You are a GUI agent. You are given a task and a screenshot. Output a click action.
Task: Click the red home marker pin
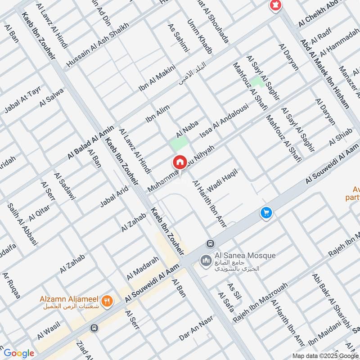click(x=180, y=162)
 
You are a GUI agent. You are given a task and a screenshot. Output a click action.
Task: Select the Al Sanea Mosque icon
click(x=206, y=261)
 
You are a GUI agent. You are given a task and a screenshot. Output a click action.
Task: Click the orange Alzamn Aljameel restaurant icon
click(x=107, y=301)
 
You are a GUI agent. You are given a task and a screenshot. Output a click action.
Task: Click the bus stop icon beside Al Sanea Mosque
click(x=210, y=243)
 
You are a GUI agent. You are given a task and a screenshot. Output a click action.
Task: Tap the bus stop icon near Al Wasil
click(x=94, y=328)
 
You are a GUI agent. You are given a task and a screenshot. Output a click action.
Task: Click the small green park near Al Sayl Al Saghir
click(x=257, y=81)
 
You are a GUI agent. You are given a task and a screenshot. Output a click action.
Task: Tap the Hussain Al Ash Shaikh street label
click(x=97, y=45)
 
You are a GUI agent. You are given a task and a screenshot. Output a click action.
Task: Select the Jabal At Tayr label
click(x=22, y=99)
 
